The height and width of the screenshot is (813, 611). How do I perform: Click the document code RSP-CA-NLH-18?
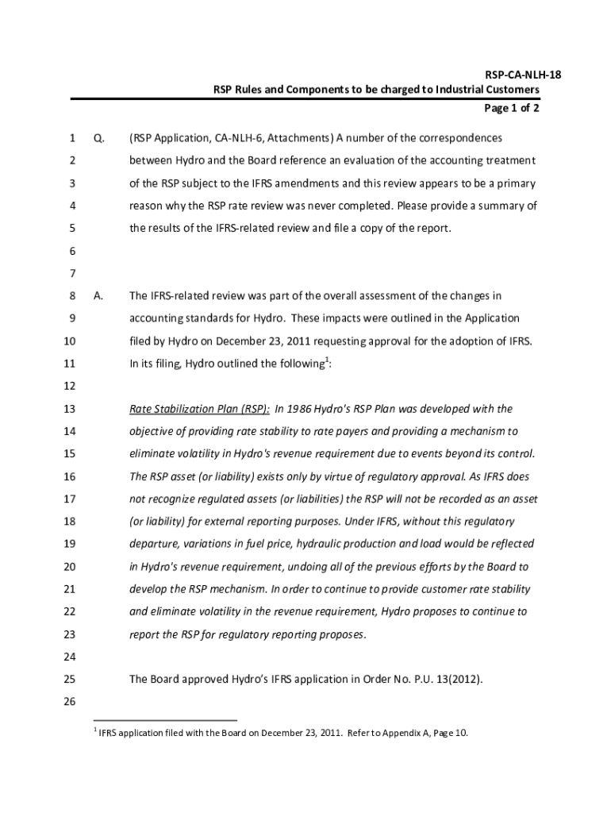pos(505,75)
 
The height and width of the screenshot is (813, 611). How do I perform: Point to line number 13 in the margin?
pos(68,409)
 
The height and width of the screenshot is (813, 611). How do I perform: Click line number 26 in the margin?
pos(68,703)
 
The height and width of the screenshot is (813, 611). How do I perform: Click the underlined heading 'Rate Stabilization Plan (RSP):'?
pos(199,409)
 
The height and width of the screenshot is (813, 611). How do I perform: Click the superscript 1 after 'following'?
pos(325,360)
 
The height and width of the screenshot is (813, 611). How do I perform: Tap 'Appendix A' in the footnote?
pos(408,733)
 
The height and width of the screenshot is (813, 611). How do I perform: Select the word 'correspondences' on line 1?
pos(460,138)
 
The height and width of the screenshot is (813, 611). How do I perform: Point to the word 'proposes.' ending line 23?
pos(342,634)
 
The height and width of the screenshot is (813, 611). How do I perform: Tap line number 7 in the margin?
pos(71,274)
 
